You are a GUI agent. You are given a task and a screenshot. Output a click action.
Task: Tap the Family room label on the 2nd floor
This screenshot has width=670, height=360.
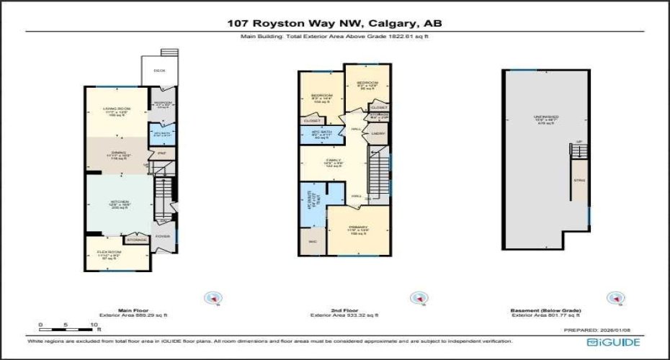[333, 161]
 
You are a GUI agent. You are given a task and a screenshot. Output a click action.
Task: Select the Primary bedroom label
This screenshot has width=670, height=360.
[358, 228]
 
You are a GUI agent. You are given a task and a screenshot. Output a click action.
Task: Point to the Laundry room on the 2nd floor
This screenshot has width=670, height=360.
[377, 134]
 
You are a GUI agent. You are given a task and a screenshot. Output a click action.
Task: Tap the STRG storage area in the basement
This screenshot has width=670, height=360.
[579, 181]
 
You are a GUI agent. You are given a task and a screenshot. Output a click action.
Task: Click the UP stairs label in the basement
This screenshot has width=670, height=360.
[579, 142]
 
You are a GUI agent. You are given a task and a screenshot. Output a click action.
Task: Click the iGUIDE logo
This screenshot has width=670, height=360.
[613, 343]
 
